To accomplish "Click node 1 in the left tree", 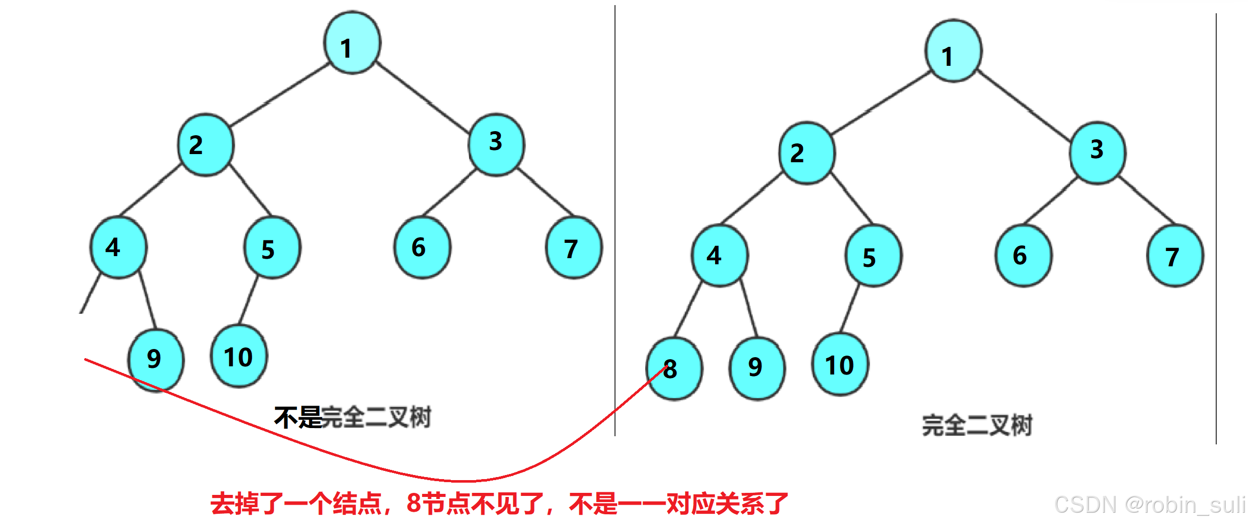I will (x=352, y=43).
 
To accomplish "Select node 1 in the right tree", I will (x=953, y=52).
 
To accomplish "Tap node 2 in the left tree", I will (x=206, y=145).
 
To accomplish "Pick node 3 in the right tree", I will (x=1097, y=153).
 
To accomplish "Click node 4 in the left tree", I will (x=118, y=248).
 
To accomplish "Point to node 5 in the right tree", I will (x=873, y=257).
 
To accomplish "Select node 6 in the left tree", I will (x=422, y=248).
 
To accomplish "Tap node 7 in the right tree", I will (x=1175, y=257).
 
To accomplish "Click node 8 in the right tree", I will (x=674, y=368).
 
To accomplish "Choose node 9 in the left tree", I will (x=156, y=360).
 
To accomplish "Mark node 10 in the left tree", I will (x=239, y=357).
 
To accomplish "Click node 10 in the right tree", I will (x=840, y=365).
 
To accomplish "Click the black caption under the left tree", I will (x=353, y=417).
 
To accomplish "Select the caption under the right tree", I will (x=977, y=425).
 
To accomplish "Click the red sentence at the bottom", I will (x=499, y=504).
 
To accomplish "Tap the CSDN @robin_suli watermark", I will (x=1149, y=505).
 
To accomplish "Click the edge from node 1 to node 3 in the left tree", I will (x=423, y=97).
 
